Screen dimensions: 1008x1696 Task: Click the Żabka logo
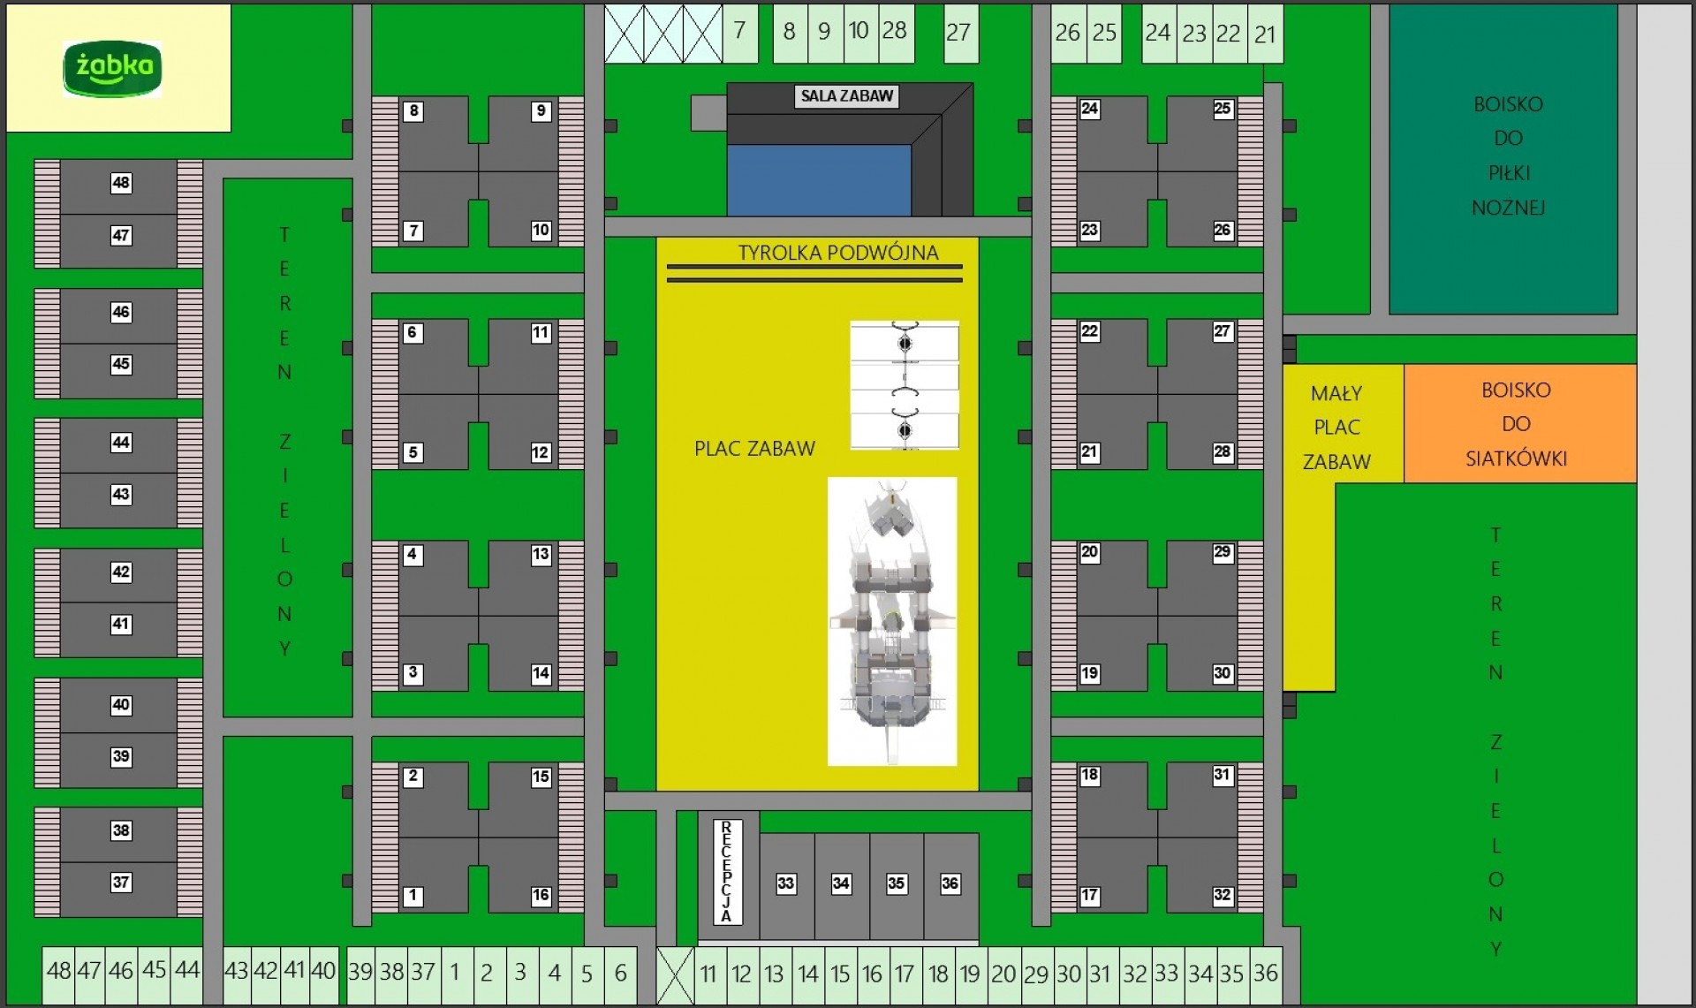point(112,68)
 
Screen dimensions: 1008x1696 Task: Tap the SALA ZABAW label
point(846,96)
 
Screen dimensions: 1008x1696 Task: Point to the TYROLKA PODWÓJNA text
point(837,253)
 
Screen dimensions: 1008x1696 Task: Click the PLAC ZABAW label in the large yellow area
point(754,449)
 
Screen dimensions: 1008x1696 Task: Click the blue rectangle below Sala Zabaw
point(818,180)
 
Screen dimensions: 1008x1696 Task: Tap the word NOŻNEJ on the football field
point(1508,208)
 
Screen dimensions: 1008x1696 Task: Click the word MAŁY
point(1336,393)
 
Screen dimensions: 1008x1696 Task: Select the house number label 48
point(121,183)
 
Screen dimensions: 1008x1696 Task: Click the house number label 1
point(413,896)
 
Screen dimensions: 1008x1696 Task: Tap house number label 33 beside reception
point(785,883)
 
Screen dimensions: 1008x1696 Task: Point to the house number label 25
point(1223,109)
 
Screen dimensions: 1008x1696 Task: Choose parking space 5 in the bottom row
point(587,974)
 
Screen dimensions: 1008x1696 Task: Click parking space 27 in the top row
point(959,34)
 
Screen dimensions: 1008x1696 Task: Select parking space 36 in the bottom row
point(1265,974)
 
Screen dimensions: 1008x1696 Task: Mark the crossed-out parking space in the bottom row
point(676,975)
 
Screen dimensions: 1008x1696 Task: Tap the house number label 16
point(541,896)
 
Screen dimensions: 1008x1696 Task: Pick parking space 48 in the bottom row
point(58,972)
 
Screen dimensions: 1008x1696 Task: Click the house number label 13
point(541,555)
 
